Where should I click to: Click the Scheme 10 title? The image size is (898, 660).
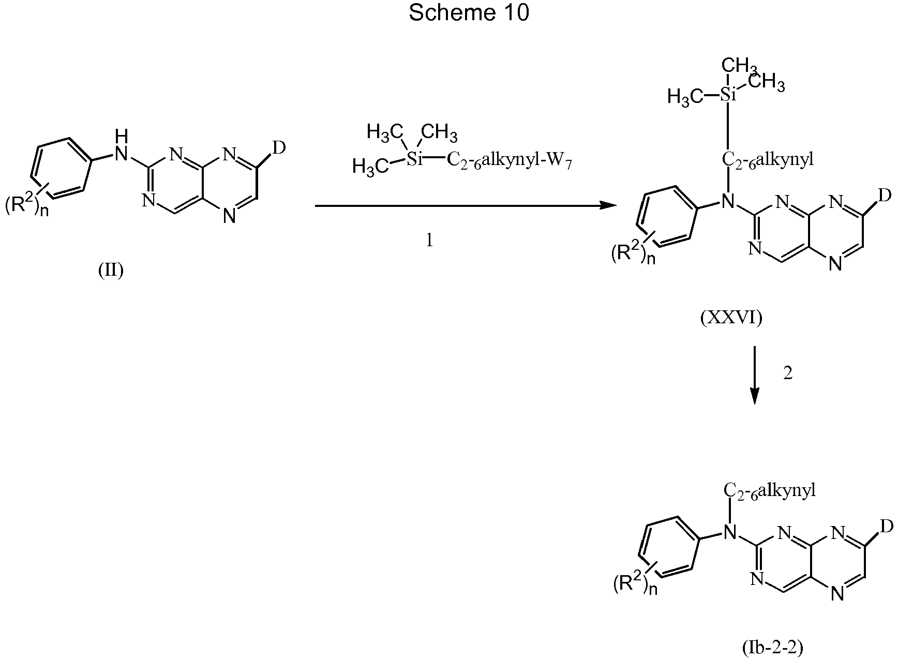pyautogui.click(x=469, y=13)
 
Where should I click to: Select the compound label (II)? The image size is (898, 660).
pyautogui.click(x=111, y=270)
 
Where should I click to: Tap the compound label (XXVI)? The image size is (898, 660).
pyautogui.click(x=731, y=318)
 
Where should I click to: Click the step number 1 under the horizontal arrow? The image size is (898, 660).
pyautogui.click(x=429, y=240)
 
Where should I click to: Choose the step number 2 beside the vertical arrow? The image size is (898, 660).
pyautogui.click(x=788, y=373)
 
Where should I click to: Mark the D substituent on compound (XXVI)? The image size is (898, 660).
pyautogui.click(x=885, y=195)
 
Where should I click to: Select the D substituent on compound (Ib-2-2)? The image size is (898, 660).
pyautogui.click(x=887, y=527)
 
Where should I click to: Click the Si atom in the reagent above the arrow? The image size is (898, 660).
pyautogui.click(x=414, y=160)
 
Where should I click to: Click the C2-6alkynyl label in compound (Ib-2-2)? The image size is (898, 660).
pyautogui.click(x=769, y=490)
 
